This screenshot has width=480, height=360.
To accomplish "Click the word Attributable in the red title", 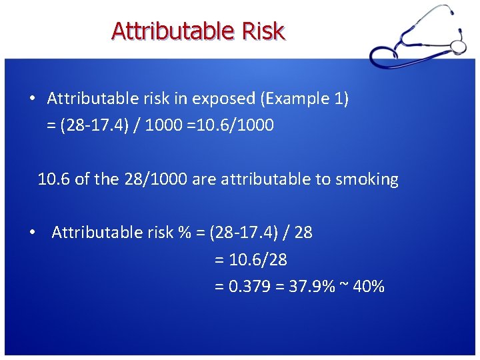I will point(172,31).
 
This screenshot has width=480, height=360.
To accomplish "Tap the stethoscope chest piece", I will point(457,46).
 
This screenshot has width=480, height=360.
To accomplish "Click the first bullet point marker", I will point(32,99).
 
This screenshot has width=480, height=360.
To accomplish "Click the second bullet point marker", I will point(32,232).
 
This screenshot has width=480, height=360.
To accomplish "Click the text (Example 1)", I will point(304,99).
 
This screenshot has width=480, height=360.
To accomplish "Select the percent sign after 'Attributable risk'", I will point(184,232).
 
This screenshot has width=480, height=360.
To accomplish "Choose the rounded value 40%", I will point(369,287).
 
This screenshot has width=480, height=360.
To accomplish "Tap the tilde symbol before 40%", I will point(344,287).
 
